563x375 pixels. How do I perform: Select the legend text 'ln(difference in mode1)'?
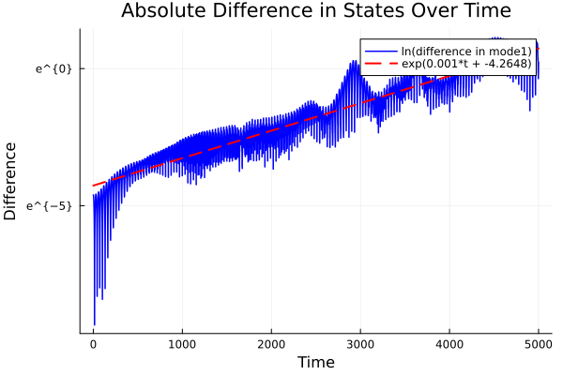tap(460, 51)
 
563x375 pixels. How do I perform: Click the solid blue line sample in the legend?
tap(380, 51)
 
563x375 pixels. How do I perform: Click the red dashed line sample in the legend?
tap(380, 64)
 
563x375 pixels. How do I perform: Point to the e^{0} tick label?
tap(53, 68)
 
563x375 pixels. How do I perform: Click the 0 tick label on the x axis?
tap(93, 344)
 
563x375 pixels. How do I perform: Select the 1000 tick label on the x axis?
tap(182, 344)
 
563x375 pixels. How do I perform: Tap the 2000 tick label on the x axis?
tap(271, 344)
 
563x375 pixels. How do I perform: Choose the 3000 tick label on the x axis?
tap(360, 344)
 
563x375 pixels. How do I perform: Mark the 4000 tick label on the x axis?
tap(449, 344)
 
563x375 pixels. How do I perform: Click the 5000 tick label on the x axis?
tap(539, 344)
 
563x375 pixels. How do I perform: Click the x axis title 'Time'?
tap(315, 362)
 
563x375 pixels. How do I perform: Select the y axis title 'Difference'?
tap(11, 181)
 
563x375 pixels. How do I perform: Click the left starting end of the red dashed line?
tap(93, 186)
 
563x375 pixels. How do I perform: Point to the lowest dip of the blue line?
tap(95, 324)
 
